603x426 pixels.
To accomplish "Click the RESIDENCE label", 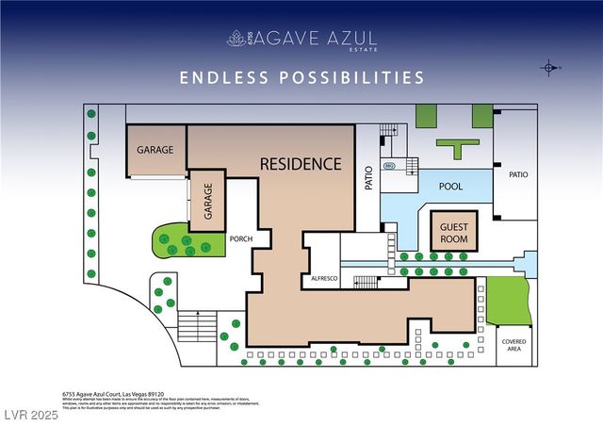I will pyautogui.click(x=301, y=164).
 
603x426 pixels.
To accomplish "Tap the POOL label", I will pyautogui.click(x=450, y=187).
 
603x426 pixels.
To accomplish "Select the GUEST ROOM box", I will pyautogui.click(x=454, y=230).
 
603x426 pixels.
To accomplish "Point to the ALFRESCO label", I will pyautogui.click(x=324, y=280).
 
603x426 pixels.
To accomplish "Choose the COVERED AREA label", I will pyautogui.click(x=514, y=346).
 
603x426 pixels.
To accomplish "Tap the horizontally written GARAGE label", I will pyautogui.click(x=155, y=150).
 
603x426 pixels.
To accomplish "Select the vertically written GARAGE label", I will pyautogui.click(x=208, y=201).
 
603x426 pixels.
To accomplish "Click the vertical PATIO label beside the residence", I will pyautogui.click(x=368, y=179).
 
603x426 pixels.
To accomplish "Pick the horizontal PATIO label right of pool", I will pyautogui.click(x=517, y=174).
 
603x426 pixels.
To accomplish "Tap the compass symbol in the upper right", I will pyautogui.click(x=549, y=68).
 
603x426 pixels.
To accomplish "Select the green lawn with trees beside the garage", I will pyautogui.click(x=171, y=243).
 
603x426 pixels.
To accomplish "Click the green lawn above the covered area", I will pyautogui.click(x=509, y=302).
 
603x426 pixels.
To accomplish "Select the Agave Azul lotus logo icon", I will pyautogui.click(x=236, y=39).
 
